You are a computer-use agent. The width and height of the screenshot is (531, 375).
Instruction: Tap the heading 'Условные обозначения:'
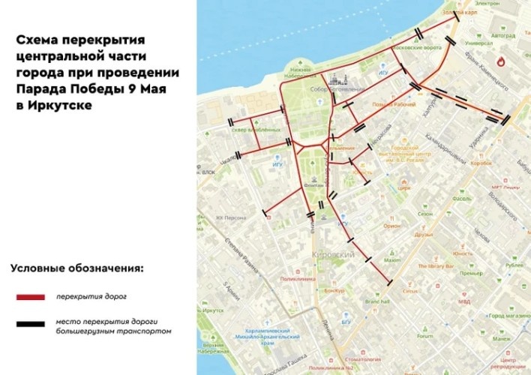click(x=76, y=268)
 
